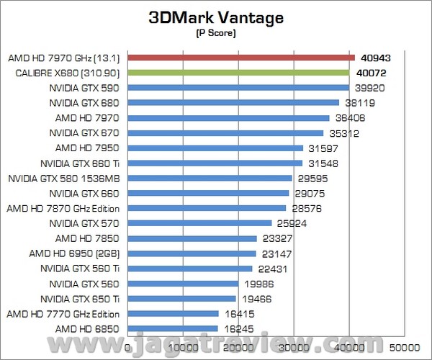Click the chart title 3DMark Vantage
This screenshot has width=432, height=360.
(x=216, y=17)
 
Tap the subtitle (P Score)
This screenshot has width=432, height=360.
(x=216, y=33)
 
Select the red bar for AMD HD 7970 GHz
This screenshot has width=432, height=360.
(x=241, y=58)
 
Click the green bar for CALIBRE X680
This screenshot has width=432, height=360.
(x=238, y=73)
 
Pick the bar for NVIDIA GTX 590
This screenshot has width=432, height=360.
(x=238, y=88)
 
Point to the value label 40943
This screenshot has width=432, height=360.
(x=375, y=58)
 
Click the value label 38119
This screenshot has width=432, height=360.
(x=359, y=103)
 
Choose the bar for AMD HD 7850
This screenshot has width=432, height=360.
(x=192, y=238)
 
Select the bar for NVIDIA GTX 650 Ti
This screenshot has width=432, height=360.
(x=182, y=298)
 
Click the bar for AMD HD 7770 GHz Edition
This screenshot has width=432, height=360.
(x=174, y=313)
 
